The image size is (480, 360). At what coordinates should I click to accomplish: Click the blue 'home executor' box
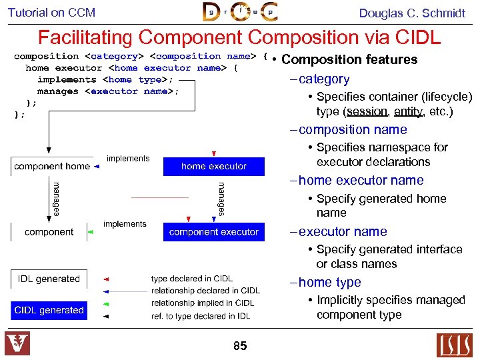point(213,166)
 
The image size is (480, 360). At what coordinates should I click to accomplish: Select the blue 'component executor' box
point(213,232)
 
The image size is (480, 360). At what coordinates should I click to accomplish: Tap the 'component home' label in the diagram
point(52,167)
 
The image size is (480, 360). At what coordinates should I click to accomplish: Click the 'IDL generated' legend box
point(49,279)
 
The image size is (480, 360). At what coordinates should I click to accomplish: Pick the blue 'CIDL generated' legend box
point(49,311)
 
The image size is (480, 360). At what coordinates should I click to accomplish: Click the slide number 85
point(240,346)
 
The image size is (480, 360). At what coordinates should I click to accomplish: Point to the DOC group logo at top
point(239,12)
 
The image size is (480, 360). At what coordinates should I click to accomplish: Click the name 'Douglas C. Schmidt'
point(412,13)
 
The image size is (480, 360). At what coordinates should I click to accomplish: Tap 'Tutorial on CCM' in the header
point(51,13)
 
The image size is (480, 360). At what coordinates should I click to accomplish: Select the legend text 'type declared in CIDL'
point(192,279)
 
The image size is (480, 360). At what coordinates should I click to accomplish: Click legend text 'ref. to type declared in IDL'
point(201,316)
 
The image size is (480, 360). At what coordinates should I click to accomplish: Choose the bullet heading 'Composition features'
point(349,60)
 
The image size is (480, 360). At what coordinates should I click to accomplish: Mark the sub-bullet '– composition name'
point(348,130)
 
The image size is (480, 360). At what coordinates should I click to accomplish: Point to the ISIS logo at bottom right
point(454,345)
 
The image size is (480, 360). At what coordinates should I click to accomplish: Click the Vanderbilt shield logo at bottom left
point(17,344)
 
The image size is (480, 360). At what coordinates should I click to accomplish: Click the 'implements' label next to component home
point(128,159)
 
